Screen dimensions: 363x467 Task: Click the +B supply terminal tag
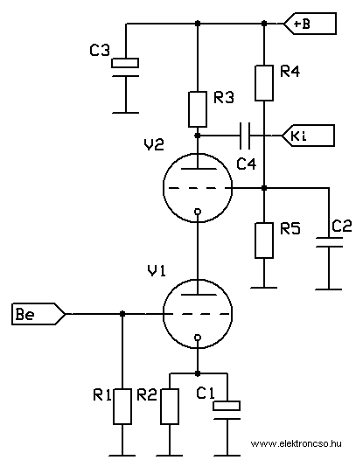pos(310,24)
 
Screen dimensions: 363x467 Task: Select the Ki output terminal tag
pos(308,136)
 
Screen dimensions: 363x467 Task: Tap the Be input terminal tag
pos(38,314)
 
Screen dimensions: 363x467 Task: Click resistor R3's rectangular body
pos(198,109)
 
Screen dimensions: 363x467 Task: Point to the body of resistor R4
pos(264,83)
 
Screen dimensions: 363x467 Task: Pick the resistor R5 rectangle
pos(264,240)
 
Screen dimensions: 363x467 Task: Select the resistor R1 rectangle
pos(122,407)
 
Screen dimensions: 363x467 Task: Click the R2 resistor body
pos(170,407)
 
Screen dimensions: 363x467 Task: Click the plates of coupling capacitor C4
pos(245,136)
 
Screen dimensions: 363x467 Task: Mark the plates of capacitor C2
pos(329,242)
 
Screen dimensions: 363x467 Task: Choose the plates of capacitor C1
pos(227,410)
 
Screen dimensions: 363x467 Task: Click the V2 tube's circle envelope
pos(164,188)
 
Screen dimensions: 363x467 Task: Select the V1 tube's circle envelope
pos(164,314)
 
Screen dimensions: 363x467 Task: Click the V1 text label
pos(157,271)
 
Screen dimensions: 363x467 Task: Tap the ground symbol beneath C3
pos(125,113)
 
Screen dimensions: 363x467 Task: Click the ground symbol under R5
pos(264,288)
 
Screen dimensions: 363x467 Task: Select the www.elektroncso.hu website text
pos(296,443)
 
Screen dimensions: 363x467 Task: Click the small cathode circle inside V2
pos(198,212)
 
